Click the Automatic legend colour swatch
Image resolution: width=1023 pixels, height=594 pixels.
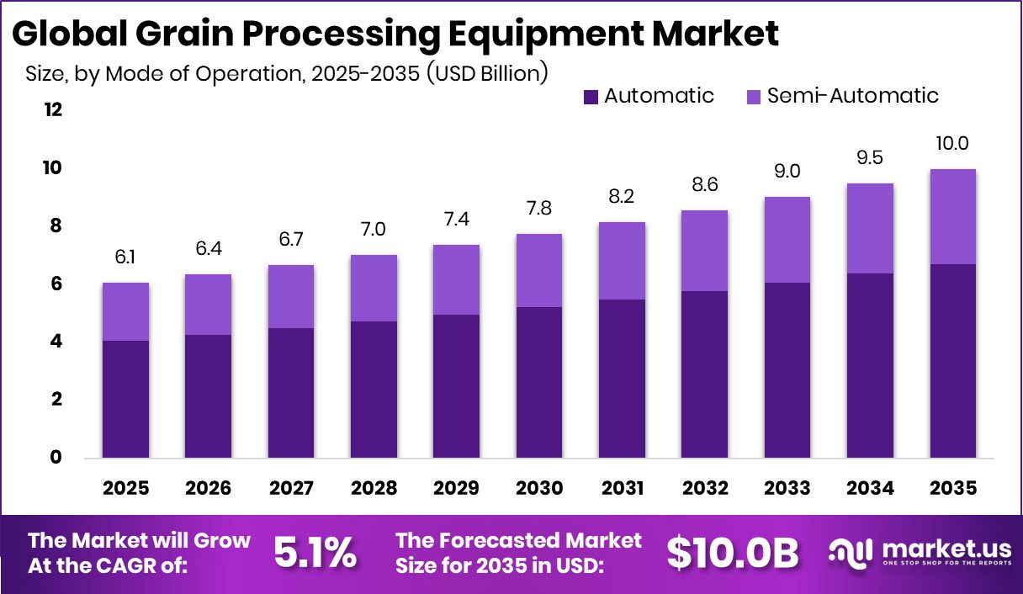(x=591, y=97)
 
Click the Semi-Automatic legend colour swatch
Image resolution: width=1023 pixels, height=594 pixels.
(x=753, y=97)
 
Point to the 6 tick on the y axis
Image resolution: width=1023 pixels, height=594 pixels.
(x=56, y=284)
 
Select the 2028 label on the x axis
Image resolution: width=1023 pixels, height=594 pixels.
(x=374, y=489)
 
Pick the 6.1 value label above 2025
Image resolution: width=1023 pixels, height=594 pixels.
(x=125, y=257)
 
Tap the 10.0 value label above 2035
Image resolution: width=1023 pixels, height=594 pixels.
(x=952, y=144)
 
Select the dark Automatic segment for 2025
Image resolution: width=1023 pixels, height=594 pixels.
(x=125, y=399)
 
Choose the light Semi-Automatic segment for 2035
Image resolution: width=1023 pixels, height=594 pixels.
(x=952, y=216)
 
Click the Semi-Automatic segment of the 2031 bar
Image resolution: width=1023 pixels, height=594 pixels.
(x=622, y=261)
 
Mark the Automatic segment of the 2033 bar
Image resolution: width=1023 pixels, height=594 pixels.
(x=787, y=370)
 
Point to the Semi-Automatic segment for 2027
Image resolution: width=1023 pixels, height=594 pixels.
(x=291, y=296)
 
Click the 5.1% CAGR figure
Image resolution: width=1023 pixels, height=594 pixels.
(x=315, y=553)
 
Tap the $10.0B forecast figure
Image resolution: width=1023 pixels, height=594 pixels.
(x=732, y=553)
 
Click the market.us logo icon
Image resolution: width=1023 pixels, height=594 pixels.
(x=851, y=552)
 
